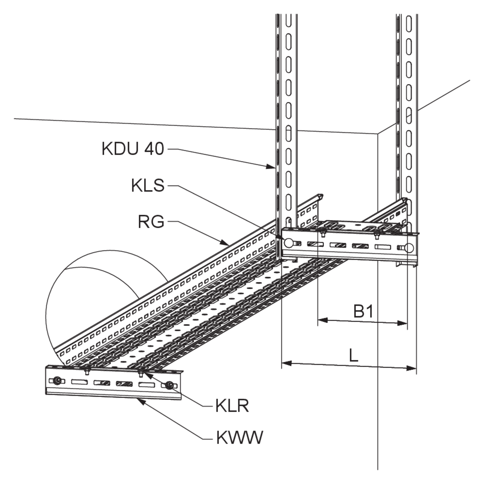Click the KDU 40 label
[x=133, y=149]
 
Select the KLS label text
[x=148, y=185]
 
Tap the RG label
[x=151, y=222]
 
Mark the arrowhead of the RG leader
[x=225, y=242]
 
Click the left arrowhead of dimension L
[x=287, y=363]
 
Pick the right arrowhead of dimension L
[x=411, y=368]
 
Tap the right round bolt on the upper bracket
[x=409, y=248]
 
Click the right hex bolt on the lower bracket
[x=170, y=385]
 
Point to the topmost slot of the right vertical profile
[x=409, y=24]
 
